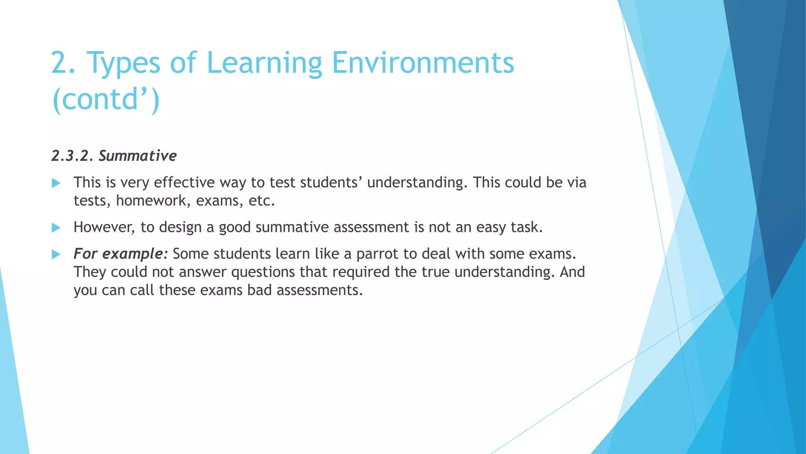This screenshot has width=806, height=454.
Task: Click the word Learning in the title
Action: tap(264, 63)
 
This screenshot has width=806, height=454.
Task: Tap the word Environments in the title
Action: tap(423, 63)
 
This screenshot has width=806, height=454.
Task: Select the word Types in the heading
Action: tap(123, 63)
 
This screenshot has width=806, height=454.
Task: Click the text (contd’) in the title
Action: tap(106, 99)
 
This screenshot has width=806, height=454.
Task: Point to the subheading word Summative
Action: tap(137, 156)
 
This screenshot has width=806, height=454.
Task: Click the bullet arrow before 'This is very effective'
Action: tap(56, 183)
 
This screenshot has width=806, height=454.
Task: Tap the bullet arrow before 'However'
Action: tap(56, 228)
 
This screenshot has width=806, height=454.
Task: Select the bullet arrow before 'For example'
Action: tap(56, 255)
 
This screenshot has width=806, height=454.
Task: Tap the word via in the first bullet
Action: tap(577, 182)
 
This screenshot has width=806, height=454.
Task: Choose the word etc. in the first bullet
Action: tap(261, 201)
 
